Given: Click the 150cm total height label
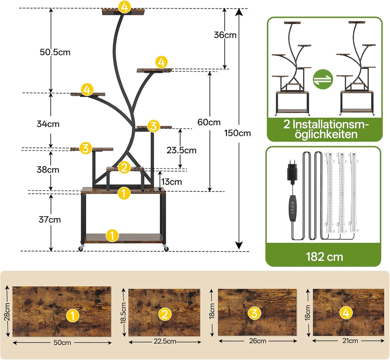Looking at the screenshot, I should click(238, 133).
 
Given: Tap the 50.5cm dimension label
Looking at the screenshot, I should click(55, 52).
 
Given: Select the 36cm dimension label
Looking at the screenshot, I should click(225, 35).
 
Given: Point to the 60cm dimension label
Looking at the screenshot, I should click(209, 122).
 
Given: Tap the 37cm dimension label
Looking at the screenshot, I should click(50, 220).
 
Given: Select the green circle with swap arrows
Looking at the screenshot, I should click(323, 80).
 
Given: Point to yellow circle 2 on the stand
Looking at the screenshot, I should click(124, 167).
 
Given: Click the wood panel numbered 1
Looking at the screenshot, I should click(62, 312).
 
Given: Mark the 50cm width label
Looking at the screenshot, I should click(62, 343).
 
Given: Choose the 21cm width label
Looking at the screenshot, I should click(348, 340).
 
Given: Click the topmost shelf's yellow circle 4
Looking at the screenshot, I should click(124, 7).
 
